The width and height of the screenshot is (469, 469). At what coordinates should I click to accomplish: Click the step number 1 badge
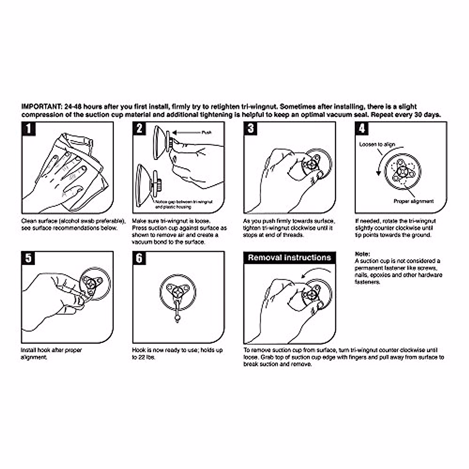(x=29, y=129)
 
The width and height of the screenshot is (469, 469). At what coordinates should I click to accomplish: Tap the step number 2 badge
(x=140, y=129)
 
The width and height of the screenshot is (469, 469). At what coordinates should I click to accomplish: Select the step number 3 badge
(x=251, y=129)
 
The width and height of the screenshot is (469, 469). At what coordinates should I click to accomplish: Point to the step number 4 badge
(x=362, y=129)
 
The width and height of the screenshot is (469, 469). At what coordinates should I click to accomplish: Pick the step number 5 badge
(x=29, y=258)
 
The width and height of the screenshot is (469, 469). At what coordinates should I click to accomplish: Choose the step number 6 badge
(x=140, y=258)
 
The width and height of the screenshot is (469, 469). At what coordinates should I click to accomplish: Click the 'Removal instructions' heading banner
(x=289, y=258)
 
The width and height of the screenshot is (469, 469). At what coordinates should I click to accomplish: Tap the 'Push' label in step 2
(x=206, y=133)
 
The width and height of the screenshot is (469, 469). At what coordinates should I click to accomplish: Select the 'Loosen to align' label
(x=377, y=145)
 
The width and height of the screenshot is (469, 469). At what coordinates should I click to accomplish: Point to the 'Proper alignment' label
(x=414, y=201)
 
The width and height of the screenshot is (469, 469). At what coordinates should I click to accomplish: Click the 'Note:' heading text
(x=362, y=254)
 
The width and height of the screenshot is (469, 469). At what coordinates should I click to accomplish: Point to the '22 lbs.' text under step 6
(x=144, y=358)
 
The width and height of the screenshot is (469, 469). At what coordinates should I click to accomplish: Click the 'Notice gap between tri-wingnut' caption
(x=184, y=202)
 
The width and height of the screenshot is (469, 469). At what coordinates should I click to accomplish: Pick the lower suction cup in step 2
(x=145, y=184)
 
